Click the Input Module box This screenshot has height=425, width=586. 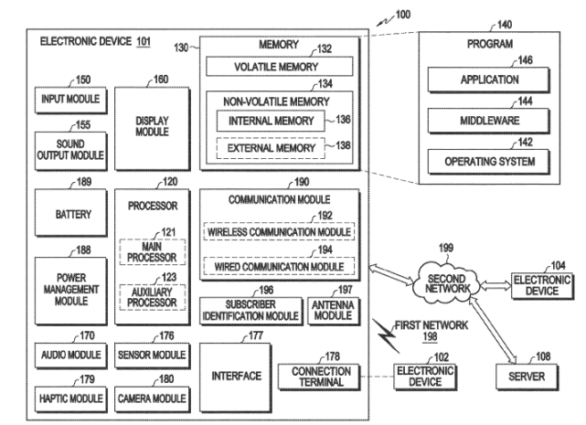69,98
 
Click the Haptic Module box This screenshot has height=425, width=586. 69,398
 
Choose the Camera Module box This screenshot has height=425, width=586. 151,398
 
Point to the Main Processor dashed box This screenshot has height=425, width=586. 151,251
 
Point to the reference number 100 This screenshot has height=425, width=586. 403,16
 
